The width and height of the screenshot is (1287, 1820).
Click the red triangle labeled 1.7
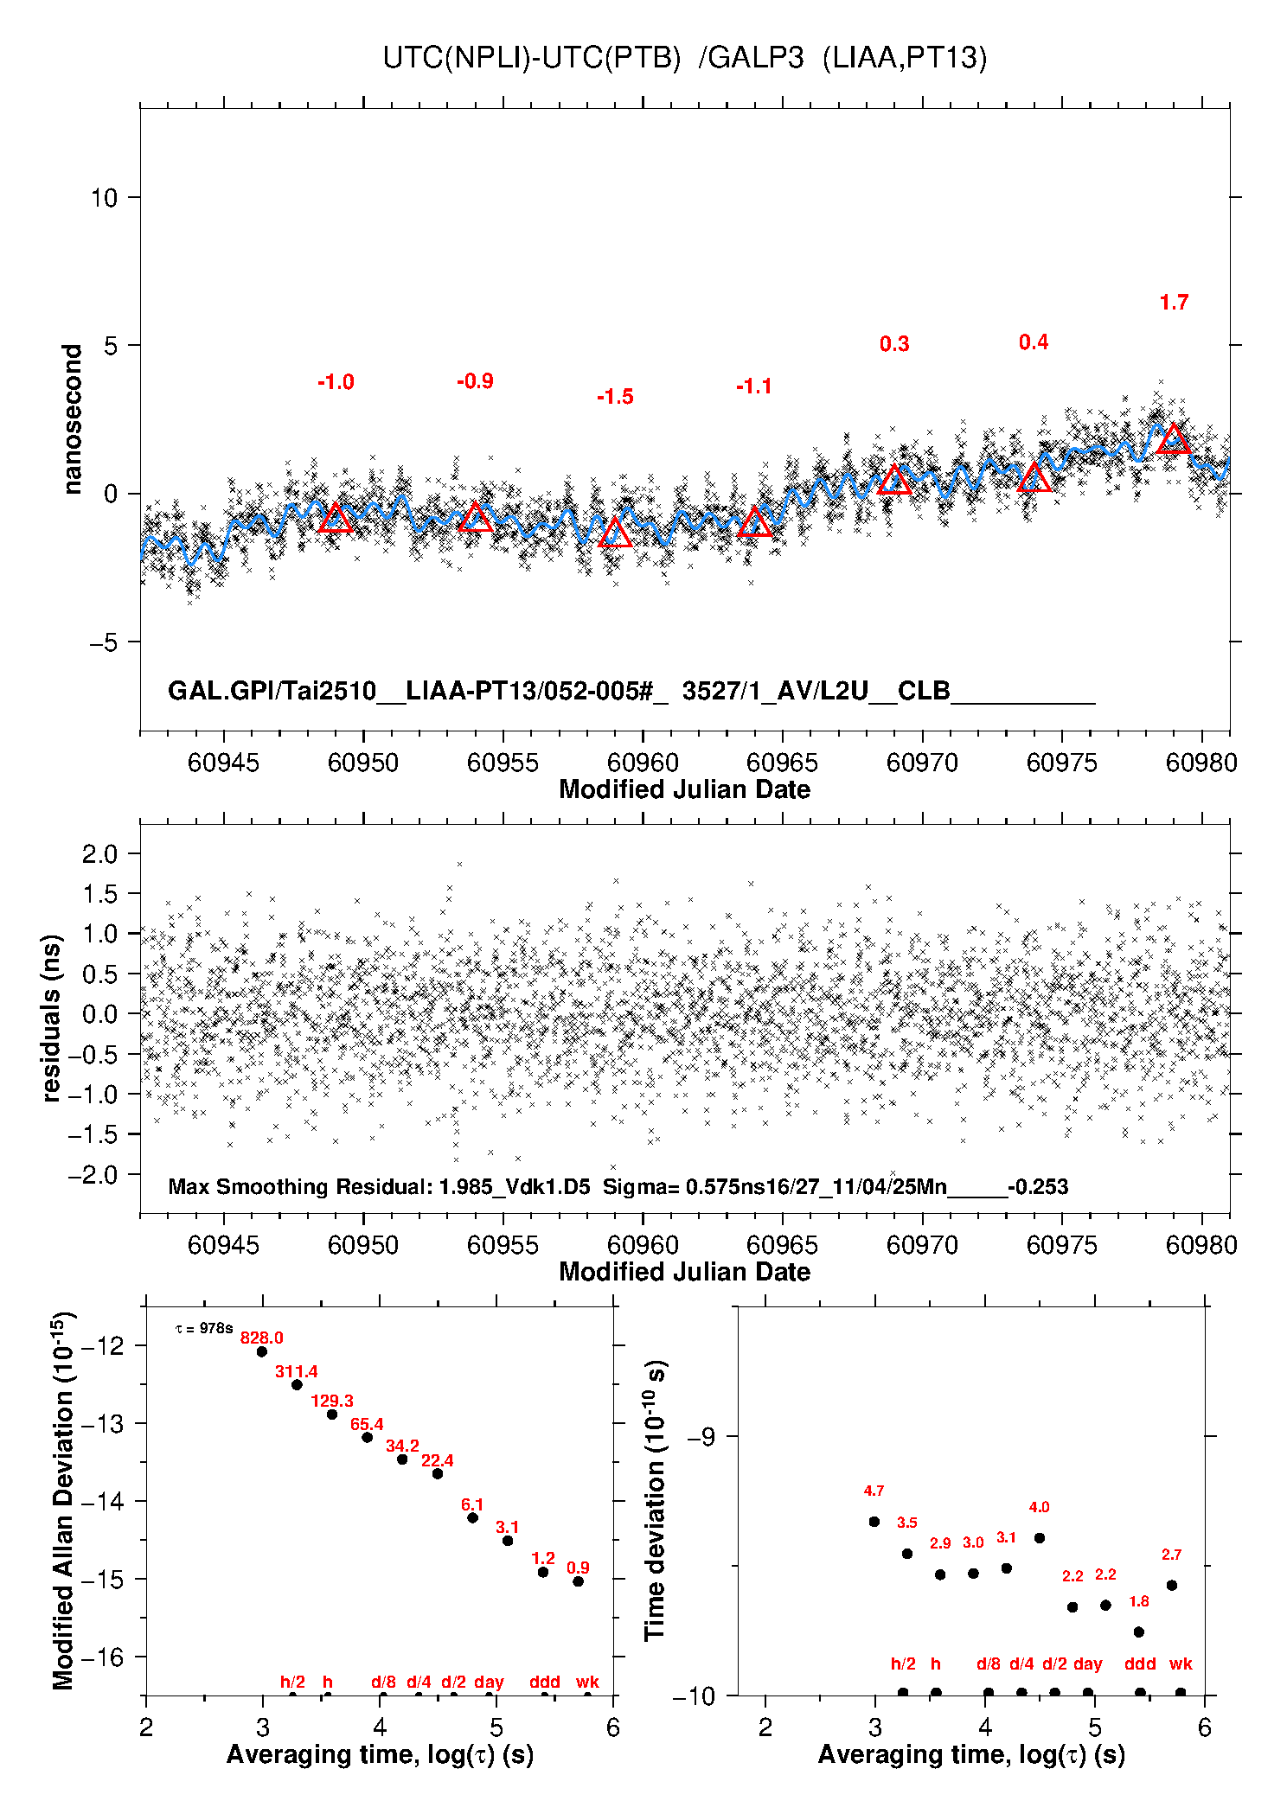(1174, 440)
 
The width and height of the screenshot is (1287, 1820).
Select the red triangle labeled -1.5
(615, 533)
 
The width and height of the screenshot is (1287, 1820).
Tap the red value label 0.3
(894, 344)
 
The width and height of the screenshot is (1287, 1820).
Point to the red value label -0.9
(475, 381)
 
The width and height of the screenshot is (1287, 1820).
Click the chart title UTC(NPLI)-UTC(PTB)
(532, 58)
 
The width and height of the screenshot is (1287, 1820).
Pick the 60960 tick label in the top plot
(643, 763)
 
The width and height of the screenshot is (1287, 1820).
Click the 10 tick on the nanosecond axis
(104, 198)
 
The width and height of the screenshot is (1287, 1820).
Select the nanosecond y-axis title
(72, 419)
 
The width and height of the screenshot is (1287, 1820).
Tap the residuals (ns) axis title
(52, 1018)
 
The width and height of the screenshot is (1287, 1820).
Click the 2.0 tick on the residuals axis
(99, 854)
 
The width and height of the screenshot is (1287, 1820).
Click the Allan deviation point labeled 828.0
(262, 1351)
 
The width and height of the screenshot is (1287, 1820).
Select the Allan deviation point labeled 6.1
(472, 1517)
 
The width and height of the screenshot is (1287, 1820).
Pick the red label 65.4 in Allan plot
(367, 1424)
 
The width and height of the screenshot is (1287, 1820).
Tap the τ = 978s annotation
(204, 1328)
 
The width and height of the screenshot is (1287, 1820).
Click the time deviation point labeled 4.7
(874, 1522)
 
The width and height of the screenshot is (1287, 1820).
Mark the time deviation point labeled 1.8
(1139, 1632)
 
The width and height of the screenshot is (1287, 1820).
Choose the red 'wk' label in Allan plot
(587, 1682)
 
